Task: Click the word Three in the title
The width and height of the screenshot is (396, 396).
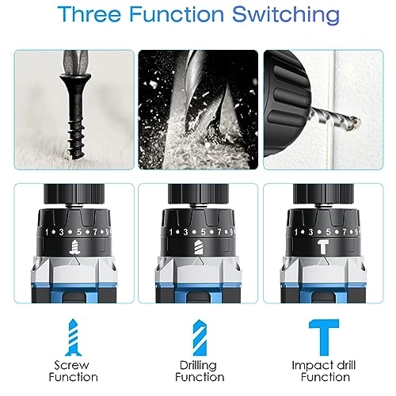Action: point(89,14)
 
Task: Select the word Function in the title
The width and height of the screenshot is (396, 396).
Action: point(177,14)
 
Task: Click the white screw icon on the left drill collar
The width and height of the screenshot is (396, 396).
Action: point(74,247)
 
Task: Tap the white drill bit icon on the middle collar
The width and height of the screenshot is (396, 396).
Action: point(199,247)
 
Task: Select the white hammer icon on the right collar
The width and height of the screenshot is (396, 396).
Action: point(324,247)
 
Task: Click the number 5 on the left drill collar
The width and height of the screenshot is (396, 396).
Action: point(79,232)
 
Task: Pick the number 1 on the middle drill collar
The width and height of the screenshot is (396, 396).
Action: point(171,232)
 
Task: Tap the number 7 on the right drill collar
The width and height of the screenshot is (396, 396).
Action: point(345,232)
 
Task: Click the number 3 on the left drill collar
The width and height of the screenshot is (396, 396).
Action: point(62,232)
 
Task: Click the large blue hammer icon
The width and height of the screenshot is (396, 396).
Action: point(324,337)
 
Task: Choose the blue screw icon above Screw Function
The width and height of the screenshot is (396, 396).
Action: point(73,337)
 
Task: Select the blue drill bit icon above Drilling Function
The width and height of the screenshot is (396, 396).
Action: point(200,337)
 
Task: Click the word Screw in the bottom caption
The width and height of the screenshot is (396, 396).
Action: point(71,365)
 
